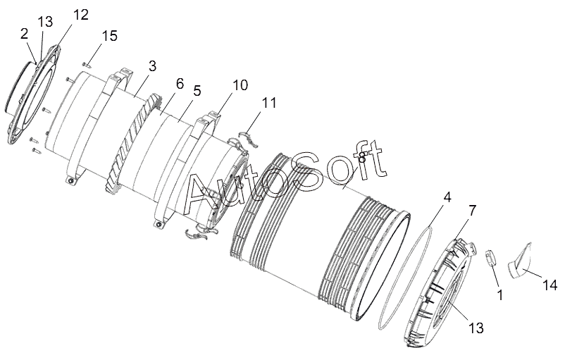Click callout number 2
click(x=25, y=32)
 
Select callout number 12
click(x=80, y=14)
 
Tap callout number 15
click(x=109, y=36)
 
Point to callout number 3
click(x=151, y=67)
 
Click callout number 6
click(x=179, y=84)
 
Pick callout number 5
click(x=197, y=91)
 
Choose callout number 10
click(x=240, y=85)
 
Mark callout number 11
click(x=268, y=104)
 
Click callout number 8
click(x=361, y=158)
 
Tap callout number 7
click(x=472, y=211)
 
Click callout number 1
click(x=500, y=294)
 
